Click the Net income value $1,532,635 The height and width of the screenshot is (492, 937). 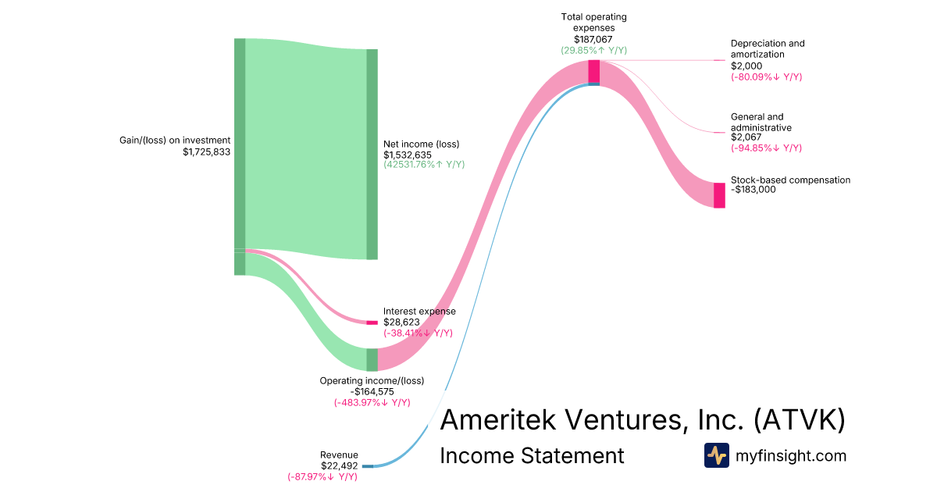pos(408,155)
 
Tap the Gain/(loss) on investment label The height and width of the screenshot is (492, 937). pos(175,140)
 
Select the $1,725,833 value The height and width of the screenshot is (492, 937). pos(207,152)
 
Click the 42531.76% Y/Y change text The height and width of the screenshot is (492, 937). pos(424,165)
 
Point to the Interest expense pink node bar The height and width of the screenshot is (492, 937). pos(372,323)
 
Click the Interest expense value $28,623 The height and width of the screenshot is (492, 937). pos(401,322)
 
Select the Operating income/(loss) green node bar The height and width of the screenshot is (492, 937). pos(372,360)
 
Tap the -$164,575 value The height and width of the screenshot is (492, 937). pos(372,392)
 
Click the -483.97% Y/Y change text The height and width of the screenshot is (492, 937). pos(372,403)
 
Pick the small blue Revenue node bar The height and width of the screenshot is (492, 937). pos(368,466)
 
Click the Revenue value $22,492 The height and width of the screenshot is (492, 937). pos(339,466)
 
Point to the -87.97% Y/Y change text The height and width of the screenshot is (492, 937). pos(322,477)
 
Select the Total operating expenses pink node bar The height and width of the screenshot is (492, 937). pos(594,72)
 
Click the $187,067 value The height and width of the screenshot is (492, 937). pos(593,40)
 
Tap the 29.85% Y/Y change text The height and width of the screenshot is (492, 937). pos(594,51)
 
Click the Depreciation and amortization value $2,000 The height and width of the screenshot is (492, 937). pos(746,66)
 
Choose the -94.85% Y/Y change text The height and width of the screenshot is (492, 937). pos(766,148)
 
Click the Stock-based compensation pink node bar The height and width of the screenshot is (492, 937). pos(719,195)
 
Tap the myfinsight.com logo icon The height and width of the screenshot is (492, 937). pos(717,455)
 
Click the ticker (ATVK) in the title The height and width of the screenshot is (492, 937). pos(800,419)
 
